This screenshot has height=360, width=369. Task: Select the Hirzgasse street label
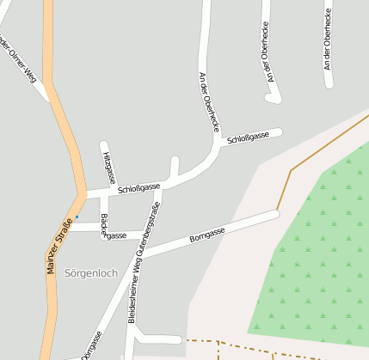point(108,163)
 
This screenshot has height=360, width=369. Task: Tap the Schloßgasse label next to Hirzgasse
point(138,187)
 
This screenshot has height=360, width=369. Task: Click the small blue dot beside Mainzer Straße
point(77,217)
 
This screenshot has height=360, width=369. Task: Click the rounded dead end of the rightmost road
point(329,84)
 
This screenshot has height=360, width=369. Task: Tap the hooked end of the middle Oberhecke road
point(274,100)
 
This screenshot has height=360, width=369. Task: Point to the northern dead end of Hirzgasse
point(104,144)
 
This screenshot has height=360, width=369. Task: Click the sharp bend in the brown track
point(291,170)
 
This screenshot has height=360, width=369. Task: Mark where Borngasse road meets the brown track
point(277,212)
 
